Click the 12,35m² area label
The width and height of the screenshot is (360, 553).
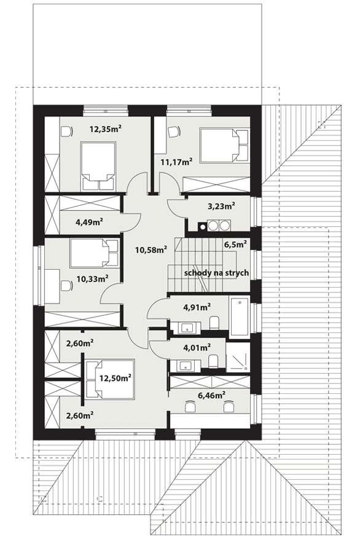click(105, 129)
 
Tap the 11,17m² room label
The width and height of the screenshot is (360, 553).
click(176, 162)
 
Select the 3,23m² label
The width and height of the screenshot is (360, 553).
click(221, 206)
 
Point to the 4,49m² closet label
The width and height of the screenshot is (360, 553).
click(89, 222)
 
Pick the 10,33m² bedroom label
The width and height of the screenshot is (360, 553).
click(92, 279)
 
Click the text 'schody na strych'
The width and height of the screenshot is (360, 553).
click(216, 273)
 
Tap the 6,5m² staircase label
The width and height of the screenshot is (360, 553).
click(235, 244)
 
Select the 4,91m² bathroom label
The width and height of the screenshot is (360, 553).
click(197, 307)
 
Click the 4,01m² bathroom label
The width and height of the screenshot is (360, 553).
click(197, 348)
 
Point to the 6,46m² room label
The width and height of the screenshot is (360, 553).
click(211, 396)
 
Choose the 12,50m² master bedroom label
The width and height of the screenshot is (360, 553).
click(115, 378)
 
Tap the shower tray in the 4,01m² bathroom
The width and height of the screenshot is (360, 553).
click(237, 356)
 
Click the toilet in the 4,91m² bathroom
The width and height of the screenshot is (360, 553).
click(214, 323)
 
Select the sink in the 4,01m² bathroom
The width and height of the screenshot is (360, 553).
click(185, 366)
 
